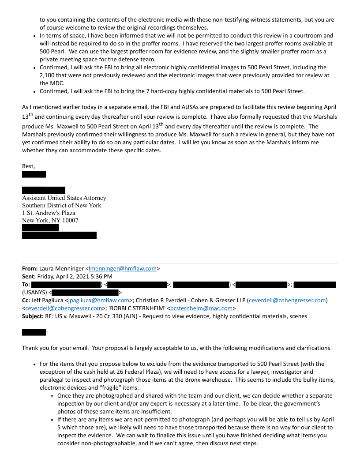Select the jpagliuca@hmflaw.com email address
coord(98,301)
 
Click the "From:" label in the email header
coord(30,268)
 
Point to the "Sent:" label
coord(30,277)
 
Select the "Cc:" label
coord(27,301)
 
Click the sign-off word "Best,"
coord(29,166)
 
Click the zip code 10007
coord(70,220)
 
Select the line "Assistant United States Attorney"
coord(64,198)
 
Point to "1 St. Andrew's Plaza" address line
coord(49,213)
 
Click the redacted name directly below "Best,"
coord(34,174)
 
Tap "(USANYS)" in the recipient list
coord(34,292)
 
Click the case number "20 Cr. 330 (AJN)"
coord(106,316)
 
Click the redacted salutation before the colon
coord(34,332)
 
